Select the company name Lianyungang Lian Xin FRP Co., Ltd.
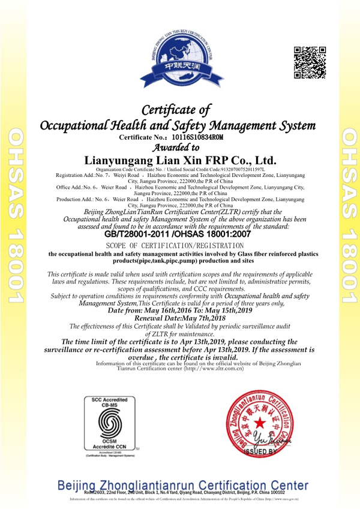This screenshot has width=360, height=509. [179, 161]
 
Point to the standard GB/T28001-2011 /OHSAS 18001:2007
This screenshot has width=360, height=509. [179, 234]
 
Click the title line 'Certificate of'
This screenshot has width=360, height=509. [178, 110]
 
